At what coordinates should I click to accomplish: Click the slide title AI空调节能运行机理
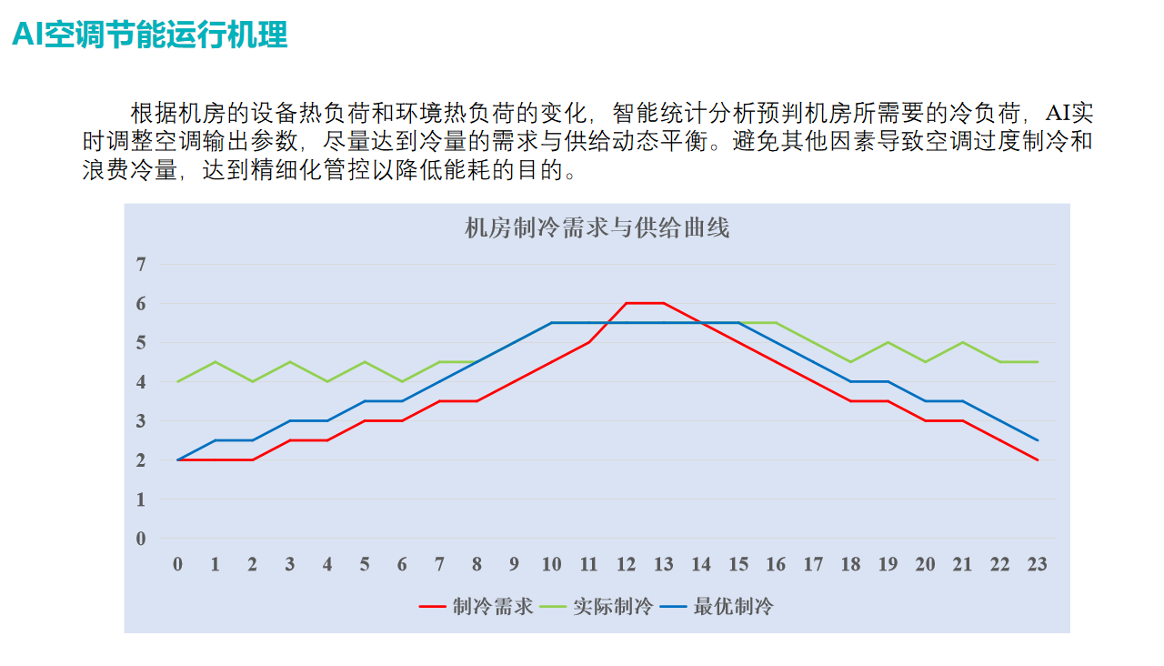click(150, 35)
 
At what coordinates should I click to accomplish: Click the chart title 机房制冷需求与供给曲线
click(597, 228)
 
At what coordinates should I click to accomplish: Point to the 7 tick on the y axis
click(141, 265)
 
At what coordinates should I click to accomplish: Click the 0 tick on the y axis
click(141, 539)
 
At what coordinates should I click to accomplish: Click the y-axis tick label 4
click(141, 382)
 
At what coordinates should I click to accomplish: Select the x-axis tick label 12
click(627, 565)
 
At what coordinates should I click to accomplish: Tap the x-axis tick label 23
click(1038, 565)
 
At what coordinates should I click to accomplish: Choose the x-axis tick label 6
click(402, 565)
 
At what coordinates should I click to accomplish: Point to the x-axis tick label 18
click(850, 565)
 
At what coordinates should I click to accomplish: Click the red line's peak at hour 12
click(627, 303)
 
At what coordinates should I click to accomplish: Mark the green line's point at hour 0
click(177, 381)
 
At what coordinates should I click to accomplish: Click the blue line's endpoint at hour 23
click(1038, 440)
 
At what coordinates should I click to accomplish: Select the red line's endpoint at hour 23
click(1038, 460)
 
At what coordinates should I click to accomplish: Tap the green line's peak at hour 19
click(888, 342)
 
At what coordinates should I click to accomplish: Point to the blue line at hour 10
click(551, 323)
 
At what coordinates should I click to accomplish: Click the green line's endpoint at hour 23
click(1038, 362)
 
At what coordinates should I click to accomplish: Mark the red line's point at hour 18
click(850, 401)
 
